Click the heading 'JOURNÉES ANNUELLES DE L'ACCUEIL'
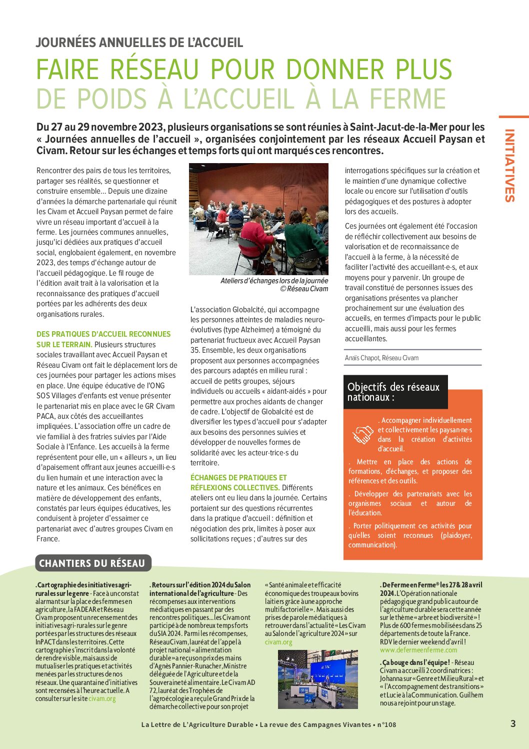tap(139, 43)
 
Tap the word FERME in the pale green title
tap(406, 99)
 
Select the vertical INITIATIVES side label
tap(509, 166)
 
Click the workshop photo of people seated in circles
tap(258, 219)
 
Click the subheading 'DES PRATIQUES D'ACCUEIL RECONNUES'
tap(103, 334)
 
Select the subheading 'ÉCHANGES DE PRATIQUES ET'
tap(238, 477)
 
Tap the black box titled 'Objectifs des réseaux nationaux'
tap(394, 392)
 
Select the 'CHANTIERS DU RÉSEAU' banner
tap(92, 563)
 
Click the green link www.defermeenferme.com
tap(418, 650)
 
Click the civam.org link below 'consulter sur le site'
tap(102, 698)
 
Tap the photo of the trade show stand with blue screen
tap(317, 679)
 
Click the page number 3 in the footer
tap(513, 723)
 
